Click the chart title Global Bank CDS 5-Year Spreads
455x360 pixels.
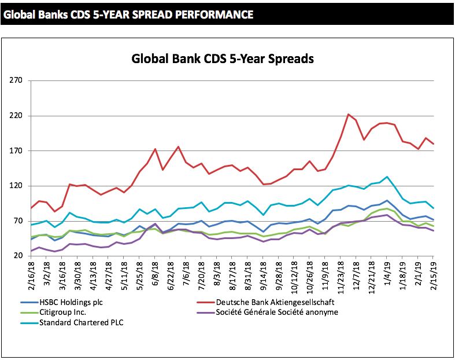(x=223, y=59)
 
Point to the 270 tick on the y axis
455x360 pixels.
(x=15, y=80)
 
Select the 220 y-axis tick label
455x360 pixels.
(x=15, y=116)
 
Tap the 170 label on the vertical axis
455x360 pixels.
(x=15, y=150)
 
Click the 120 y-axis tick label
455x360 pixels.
(x=15, y=186)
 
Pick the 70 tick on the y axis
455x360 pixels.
(x=17, y=221)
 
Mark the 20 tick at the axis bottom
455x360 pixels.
(x=17, y=256)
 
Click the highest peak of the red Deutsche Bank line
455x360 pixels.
(x=348, y=114)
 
